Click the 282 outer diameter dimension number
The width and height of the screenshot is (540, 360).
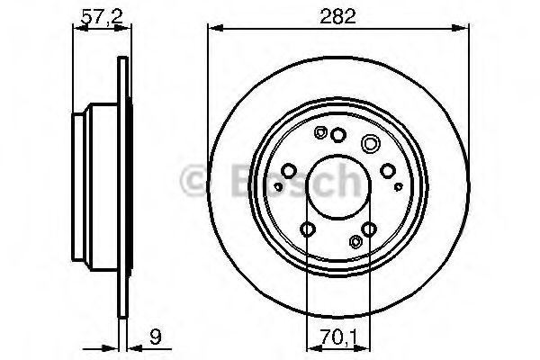click(x=337, y=16)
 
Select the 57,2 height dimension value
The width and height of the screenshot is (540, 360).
click(x=102, y=16)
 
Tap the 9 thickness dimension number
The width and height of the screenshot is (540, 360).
click(x=156, y=337)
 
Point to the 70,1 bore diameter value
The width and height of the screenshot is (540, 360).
click(x=338, y=337)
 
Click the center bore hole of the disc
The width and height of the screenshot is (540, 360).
click(x=337, y=186)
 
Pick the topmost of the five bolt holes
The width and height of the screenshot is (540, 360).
click(x=338, y=135)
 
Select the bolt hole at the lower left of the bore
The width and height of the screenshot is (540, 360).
click(x=308, y=229)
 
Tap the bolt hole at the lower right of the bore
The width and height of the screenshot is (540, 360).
click(x=369, y=229)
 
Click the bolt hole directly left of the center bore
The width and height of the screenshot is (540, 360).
click(x=289, y=170)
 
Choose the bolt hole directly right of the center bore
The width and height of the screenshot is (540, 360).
click(x=388, y=170)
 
